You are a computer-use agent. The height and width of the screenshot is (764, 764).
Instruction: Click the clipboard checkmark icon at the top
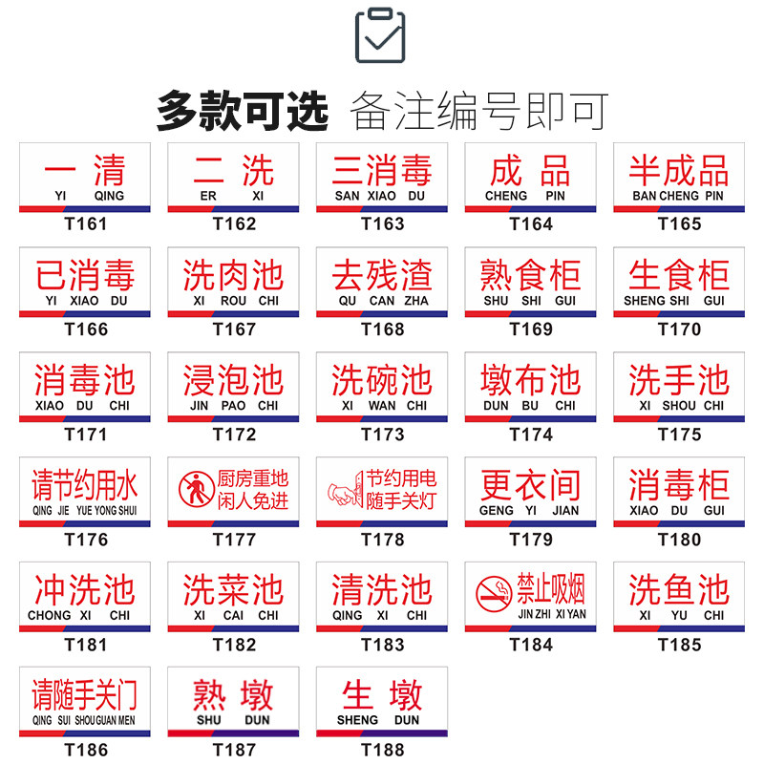click(x=380, y=35)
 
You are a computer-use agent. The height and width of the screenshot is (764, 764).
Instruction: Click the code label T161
click(x=86, y=224)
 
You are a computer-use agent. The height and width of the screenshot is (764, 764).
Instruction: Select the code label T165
click(x=679, y=224)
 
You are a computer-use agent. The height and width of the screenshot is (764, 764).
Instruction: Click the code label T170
click(x=679, y=329)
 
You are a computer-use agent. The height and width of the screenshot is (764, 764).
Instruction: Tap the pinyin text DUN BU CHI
click(x=530, y=405)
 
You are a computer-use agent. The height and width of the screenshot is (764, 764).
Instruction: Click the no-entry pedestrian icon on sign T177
click(x=197, y=489)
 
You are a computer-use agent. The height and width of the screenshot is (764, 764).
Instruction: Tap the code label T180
click(x=679, y=540)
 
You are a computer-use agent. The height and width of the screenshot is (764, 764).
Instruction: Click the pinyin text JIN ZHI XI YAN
click(x=552, y=614)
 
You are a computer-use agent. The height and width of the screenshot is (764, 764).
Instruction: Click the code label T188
click(x=382, y=750)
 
